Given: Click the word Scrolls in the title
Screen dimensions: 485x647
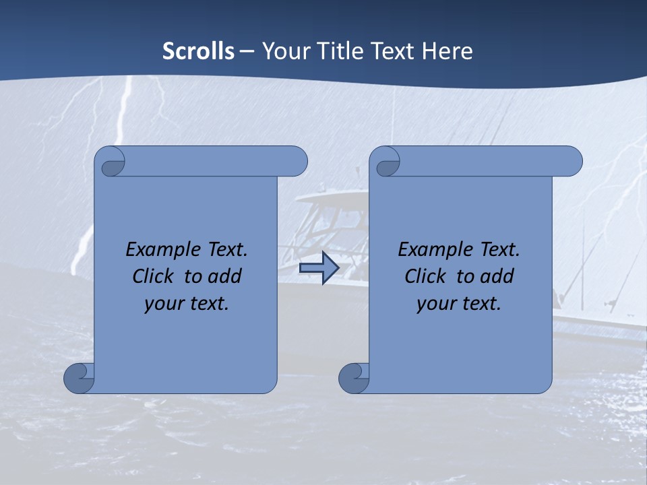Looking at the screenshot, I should [x=199, y=51].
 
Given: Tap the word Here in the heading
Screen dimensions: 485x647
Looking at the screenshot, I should [x=447, y=51].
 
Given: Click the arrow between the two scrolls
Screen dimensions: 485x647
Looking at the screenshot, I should [x=319, y=268].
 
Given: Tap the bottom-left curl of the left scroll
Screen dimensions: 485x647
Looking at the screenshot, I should [x=80, y=378].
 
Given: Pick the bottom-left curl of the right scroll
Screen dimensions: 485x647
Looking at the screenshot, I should [x=355, y=378].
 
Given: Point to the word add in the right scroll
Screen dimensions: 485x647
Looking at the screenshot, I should [x=498, y=276].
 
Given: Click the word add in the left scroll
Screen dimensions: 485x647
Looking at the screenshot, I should [x=226, y=276].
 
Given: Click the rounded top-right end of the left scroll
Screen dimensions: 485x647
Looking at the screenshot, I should [x=297, y=162].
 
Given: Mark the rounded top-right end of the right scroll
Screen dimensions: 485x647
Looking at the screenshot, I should [x=572, y=162].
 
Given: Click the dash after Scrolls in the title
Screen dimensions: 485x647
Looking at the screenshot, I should [x=247, y=52].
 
